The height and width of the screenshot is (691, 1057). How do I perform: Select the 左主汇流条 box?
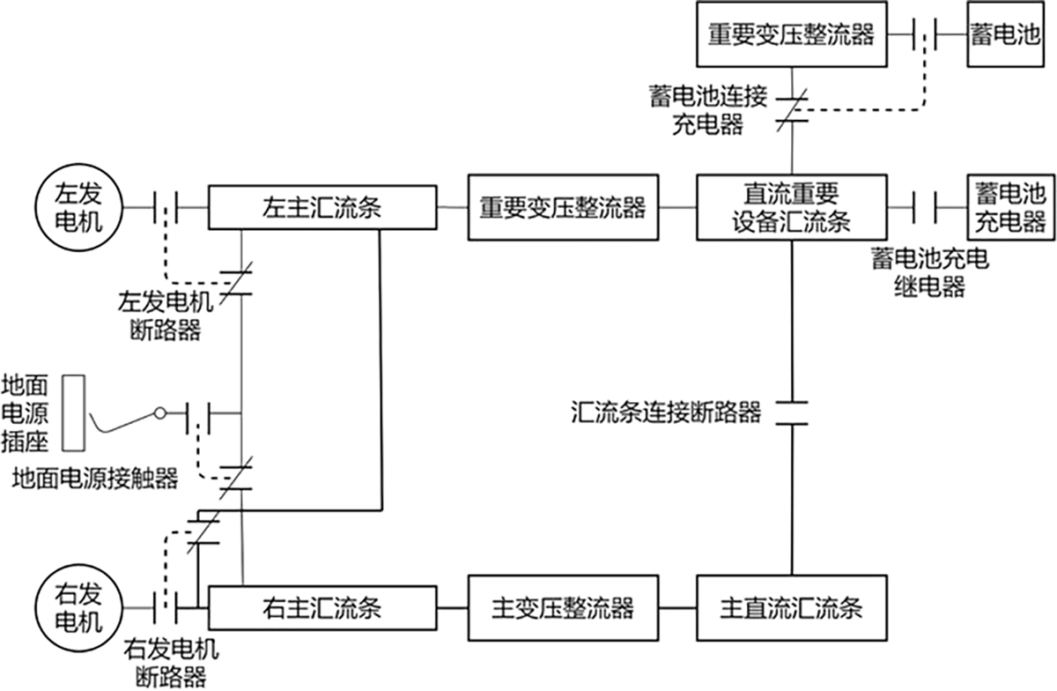[322, 208]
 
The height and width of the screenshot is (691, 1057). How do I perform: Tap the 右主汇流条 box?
[322, 608]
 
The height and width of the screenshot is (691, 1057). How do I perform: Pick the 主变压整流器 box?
[562, 608]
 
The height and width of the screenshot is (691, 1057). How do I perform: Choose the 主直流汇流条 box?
[790, 608]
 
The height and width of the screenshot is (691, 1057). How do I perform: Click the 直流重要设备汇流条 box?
[790, 208]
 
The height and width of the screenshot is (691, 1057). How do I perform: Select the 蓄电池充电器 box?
[1009, 207]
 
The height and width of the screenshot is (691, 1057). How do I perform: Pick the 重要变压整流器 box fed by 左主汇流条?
[562, 208]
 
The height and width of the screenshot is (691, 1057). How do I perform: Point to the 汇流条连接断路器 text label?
[665, 412]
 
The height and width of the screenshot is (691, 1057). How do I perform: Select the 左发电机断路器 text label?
[166, 318]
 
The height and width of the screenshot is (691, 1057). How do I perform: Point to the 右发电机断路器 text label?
[171, 664]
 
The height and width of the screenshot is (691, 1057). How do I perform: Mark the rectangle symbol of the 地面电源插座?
[74, 412]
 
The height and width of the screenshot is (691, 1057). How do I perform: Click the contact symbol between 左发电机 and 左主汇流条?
[166, 208]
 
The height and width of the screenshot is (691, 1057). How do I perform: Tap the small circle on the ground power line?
[159, 412]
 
